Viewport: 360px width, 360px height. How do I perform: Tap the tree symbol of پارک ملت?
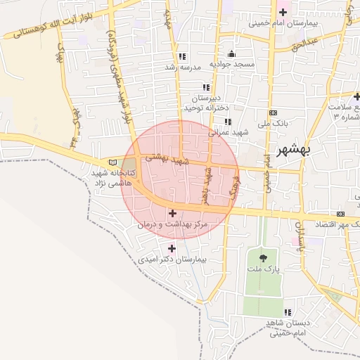click(x=263, y=258)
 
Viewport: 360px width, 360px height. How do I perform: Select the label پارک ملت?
click(x=263, y=269)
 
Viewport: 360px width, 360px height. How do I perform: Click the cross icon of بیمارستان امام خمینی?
click(x=283, y=12)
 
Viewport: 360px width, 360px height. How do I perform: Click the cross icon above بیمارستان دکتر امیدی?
click(x=172, y=248)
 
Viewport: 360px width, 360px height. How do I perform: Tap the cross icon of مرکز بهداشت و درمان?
click(x=172, y=212)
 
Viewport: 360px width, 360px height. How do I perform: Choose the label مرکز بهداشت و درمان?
click(x=172, y=224)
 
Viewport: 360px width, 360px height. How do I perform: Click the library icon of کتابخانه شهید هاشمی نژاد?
click(x=113, y=163)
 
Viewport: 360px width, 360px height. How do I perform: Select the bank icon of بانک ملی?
click(x=273, y=113)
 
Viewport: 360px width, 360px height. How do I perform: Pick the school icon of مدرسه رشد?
click(x=182, y=56)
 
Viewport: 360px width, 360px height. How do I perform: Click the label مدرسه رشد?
click(x=183, y=67)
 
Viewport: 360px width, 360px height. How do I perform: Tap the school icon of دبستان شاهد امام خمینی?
click(x=288, y=312)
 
